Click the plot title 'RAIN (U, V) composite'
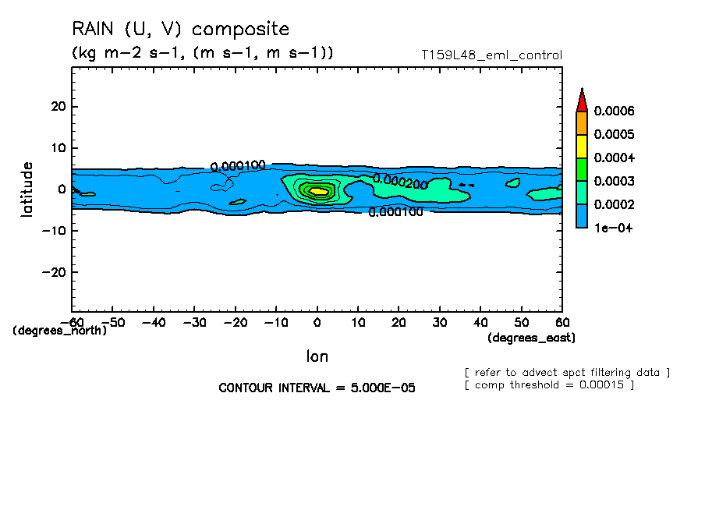tap(180, 30)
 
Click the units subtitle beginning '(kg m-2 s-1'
tap(203, 53)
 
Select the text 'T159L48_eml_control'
tap(491, 55)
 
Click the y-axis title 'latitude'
tap(27, 189)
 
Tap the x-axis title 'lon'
tap(317, 357)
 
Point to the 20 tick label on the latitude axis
tap(57, 106)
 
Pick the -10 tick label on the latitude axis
tap(54, 231)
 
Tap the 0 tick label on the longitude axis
tap(317, 322)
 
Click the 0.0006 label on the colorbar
tap(613, 111)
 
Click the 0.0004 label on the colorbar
tap(613, 158)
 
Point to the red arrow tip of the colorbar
tap(582, 99)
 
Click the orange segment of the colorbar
tap(582, 122)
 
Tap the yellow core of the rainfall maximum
tap(318, 190)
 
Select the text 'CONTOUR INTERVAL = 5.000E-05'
tap(317, 388)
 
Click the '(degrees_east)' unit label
tap(532, 338)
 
